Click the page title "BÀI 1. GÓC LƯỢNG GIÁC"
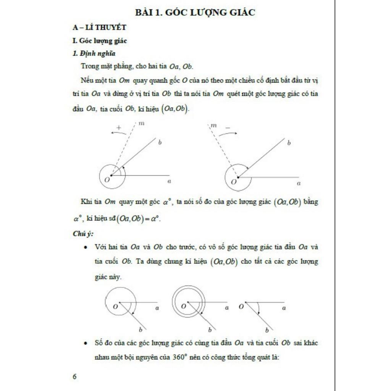pyautogui.click(x=195, y=13)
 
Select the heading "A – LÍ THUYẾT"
pyautogui.click(x=99, y=27)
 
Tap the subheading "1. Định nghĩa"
pyautogui.click(x=94, y=53)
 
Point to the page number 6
pyautogui.click(x=74, y=376)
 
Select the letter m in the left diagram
pyautogui.click(x=141, y=124)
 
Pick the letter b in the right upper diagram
pyautogui.click(x=289, y=143)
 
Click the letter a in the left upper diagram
pyautogui.click(x=169, y=182)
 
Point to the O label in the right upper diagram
pyautogui.click(x=233, y=182)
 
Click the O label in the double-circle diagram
pyautogui.click(x=184, y=306)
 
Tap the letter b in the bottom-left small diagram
pyautogui.click(x=141, y=330)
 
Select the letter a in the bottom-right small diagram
pyautogui.click(x=284, y=307)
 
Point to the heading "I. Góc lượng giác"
pyautogui.click(x=100, y=41)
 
